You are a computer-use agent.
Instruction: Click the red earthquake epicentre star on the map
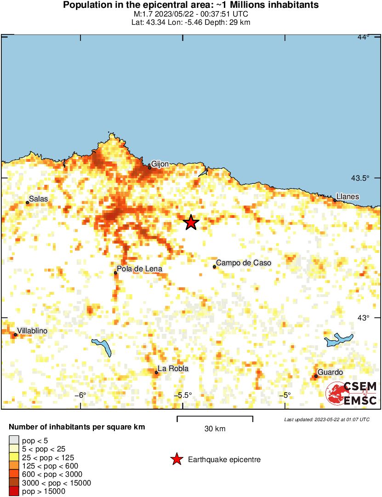click(191, 223)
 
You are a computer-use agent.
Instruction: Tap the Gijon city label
click(160, 164)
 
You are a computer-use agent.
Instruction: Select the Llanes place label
click(348, 197)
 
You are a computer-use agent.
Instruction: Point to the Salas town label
click(38, 199)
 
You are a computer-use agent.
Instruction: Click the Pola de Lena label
click(139, 269)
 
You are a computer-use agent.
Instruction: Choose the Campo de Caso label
click(243, 263)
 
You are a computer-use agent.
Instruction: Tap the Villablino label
click(32, 331)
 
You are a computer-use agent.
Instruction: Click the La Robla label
click(173, 369)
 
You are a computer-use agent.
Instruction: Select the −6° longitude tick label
click(81, 395)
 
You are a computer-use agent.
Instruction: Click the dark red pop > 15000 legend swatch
click(14, 491)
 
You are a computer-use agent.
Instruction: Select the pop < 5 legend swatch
click(14, 440)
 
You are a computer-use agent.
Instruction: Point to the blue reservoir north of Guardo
click(339, 340)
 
